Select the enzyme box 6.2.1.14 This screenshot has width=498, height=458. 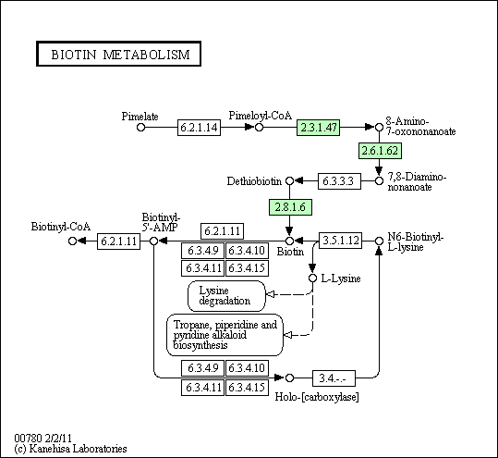(x=199, y=128)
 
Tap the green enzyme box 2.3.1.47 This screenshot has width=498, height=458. (x=318, y=128)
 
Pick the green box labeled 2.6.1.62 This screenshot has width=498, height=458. (x=380, y=151)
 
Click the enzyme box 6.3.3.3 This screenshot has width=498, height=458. (x=339, y=181)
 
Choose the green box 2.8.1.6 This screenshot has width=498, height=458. (x=290, y=207)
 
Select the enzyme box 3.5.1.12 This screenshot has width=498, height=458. (x=340, y=241)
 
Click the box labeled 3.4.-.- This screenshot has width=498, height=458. (x=334, y=378)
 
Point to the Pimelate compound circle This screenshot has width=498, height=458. (x=140, y=128)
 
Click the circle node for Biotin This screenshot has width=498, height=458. (x=289, y=241)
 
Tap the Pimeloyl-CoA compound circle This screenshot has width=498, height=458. (x=259, y=128)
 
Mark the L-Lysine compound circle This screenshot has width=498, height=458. (x=313, y=278)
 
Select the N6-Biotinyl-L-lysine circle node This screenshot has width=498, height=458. (x=379, y=241)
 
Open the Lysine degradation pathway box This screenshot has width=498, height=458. (x=226, y=296)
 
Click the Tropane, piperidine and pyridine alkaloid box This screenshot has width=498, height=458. (x=225, y=335)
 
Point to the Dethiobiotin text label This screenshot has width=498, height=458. (x=254, y=181)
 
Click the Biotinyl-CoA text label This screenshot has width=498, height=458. (x=61, y=227)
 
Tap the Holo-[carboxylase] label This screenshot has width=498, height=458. (x=317, y=397)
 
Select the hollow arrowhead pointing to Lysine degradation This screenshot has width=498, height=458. (x=270, y=294)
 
